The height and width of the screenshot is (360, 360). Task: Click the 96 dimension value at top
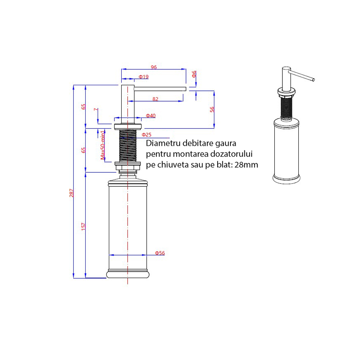point(154,67)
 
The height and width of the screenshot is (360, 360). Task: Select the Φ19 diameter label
point(144,77)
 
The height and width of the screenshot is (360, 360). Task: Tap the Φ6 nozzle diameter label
point(194,74)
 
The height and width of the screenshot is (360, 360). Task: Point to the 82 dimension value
point(156,99)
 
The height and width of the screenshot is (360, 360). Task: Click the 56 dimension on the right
point(212,109)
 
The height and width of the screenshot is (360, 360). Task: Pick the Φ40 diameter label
point(151,116)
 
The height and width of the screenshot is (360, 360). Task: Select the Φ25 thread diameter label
point(146,135)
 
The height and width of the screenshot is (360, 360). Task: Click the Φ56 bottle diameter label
point(160,253)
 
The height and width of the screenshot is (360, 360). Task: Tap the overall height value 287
point(72,193)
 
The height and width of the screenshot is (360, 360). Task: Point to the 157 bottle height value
point(83,226)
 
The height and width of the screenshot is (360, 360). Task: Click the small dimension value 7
point(96,110)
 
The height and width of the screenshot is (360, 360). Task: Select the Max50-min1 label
point(103,145)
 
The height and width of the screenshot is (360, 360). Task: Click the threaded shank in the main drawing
point(128,146)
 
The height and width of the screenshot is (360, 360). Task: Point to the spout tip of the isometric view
point(313,80)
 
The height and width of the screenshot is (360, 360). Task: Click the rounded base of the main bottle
point(128,274)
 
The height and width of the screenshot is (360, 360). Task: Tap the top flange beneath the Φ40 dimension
point(128,126)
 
